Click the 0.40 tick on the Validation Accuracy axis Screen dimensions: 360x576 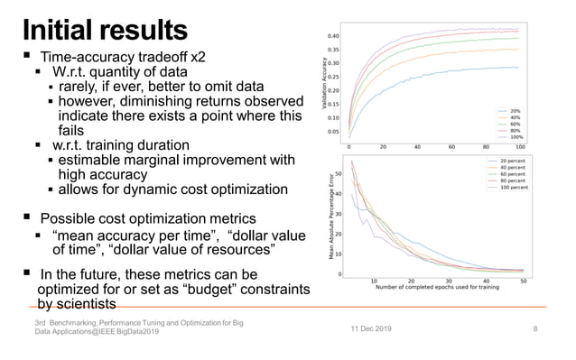[333, 37]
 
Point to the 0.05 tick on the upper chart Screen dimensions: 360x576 [333, 131]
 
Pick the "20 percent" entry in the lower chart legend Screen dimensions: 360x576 [507, 160]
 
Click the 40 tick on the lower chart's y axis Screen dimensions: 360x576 [338, 194]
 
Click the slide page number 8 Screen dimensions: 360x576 [535, 330]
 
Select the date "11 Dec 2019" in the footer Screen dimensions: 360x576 [371, 330]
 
